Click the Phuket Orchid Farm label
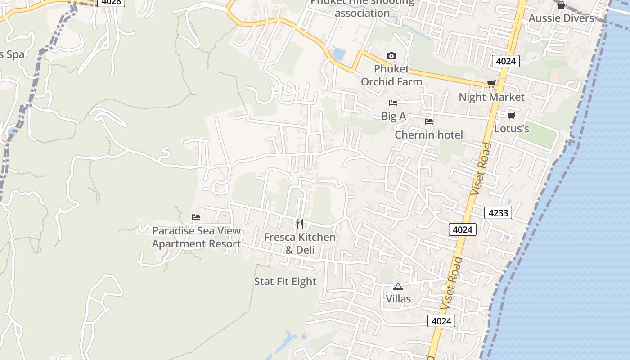(x=391, y=75)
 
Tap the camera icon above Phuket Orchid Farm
(x=391, y=56)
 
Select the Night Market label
(x=491, y=97)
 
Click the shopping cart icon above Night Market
(x=491, y=84)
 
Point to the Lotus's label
(x=512, y=129)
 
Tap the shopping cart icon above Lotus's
(x=511, y=116)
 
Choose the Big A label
(x=394, y=117)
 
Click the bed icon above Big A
(x=393, y=103)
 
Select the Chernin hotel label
(x=429, y=135)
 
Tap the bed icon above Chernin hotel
(x=428, y=121)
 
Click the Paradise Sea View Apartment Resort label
(x=196, y=237)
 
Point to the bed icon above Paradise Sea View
(x=196, y=217)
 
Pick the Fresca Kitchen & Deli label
(x=300, y=243)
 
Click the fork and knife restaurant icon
(x=300, y=224)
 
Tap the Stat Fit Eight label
(x=285, y=282)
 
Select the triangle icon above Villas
(x=398, y=286)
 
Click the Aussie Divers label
(x=561, y=18)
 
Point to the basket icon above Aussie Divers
(x=561, y=5)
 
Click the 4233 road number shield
(x=498, y=212)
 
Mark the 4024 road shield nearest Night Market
(x=506, y=61)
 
